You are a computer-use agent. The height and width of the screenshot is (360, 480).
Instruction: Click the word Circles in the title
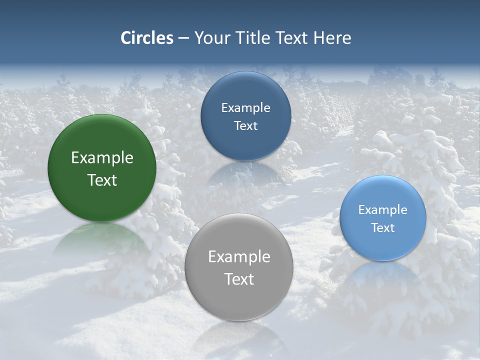pos(147,38)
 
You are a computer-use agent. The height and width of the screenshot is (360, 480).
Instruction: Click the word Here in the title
pos(332,38)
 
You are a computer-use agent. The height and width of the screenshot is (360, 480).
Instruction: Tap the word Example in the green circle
pos(102,158)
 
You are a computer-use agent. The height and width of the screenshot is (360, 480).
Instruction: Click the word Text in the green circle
pos(102,180)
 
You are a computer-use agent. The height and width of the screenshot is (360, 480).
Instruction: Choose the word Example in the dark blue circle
pos(245,108)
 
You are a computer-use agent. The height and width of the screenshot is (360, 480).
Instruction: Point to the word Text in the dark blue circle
pos(245,125)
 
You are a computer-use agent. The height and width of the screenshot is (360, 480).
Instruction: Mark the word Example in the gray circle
pos(239,257)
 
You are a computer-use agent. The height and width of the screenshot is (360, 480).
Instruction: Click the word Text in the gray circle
pos(239,279)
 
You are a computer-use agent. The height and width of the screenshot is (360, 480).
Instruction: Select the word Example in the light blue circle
pos(383,210)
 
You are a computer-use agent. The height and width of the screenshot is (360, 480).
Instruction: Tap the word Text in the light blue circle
pos(383,228)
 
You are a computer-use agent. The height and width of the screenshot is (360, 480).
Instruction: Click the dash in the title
pos(183,38)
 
